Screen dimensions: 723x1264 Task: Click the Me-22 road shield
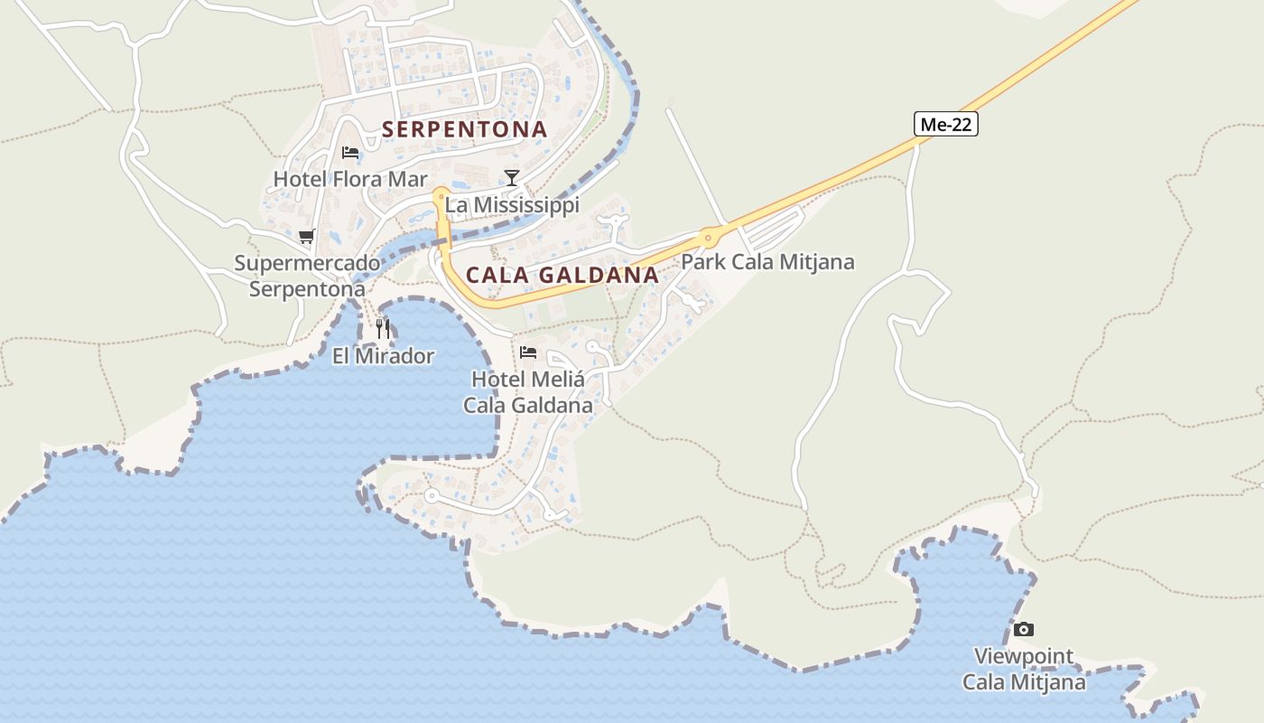click(946, 125)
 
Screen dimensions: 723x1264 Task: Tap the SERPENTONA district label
click(465, 129)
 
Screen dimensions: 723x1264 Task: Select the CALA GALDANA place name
click(562, 275)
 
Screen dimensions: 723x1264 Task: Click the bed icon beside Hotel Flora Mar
click(350, 152)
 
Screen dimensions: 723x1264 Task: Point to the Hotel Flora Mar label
click(350, 179)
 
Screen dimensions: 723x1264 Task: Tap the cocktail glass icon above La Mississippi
click(512, 177)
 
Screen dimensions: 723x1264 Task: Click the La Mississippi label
click(512, 205)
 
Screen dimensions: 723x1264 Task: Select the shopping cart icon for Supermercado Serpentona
click(306, 237)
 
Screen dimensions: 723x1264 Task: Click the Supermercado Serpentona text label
click(307, 276)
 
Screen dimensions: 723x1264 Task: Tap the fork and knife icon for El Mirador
click(383, 328)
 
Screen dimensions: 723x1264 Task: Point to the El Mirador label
click(383, 356)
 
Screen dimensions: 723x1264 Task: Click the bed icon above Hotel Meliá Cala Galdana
click(528, 352)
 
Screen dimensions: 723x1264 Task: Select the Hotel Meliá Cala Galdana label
click(528, 392)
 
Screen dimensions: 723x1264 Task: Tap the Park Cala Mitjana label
click(767, 262)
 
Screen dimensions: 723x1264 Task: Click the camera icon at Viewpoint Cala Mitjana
click(1023, 629)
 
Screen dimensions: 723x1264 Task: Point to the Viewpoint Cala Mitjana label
click(1024, 669)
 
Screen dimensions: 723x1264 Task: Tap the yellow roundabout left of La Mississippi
click(440, 193)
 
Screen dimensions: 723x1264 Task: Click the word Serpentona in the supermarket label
click(307, 289)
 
